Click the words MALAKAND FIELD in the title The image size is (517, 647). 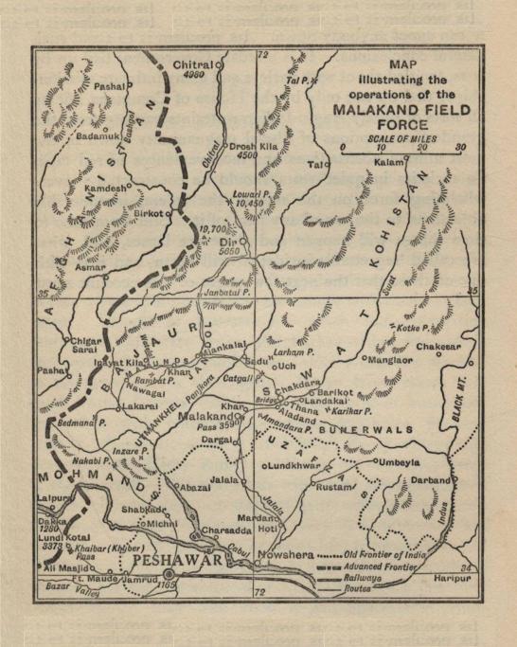[395, 109]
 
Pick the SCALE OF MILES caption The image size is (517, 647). [401, 138]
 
